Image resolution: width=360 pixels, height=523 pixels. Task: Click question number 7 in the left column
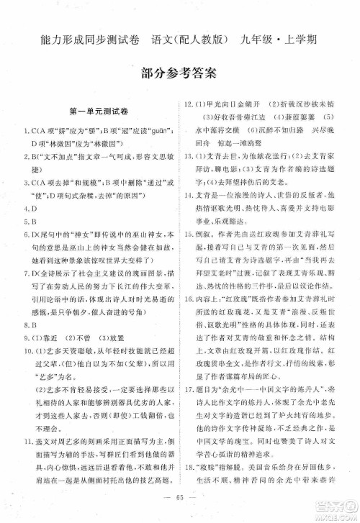[24, 275]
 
